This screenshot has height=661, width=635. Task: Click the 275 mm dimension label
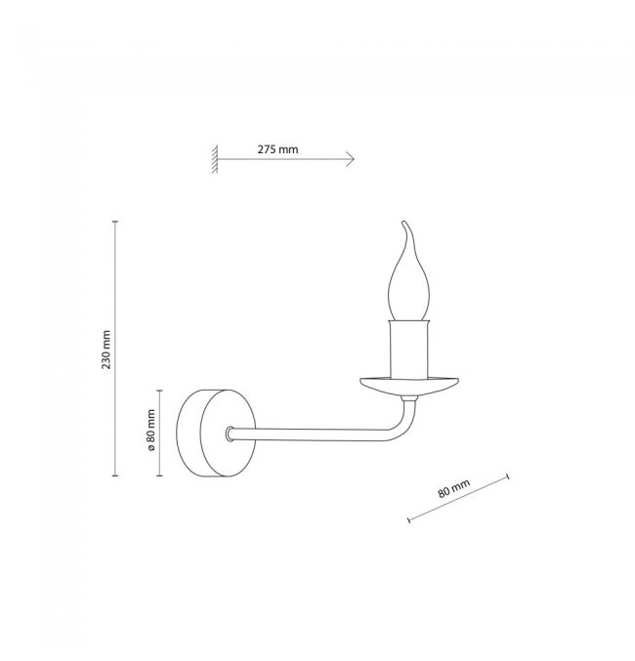277,149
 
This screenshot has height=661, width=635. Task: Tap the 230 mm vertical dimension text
106,350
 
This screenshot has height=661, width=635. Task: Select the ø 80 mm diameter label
151,430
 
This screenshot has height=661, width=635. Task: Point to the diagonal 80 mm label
453,488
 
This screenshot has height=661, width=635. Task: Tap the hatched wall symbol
215,159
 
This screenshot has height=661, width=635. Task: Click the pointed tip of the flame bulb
403,222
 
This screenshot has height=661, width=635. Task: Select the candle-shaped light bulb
408,270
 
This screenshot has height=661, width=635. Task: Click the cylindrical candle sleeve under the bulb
409,349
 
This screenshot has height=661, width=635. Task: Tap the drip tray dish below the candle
409,386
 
